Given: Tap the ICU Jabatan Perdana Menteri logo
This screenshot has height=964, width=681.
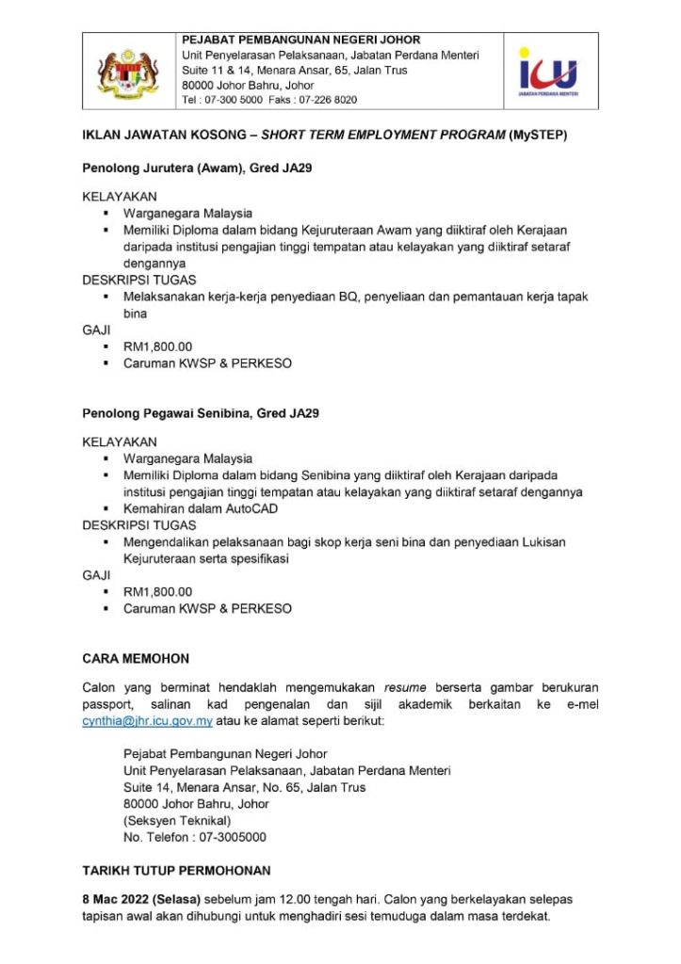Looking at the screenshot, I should point(550,71).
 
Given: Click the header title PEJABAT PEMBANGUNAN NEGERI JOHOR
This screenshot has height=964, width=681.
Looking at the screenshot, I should point(300,40).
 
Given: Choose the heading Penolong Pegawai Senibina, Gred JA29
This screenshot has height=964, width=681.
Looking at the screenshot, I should point(201,413).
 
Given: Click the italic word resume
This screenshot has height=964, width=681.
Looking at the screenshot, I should point(406,687).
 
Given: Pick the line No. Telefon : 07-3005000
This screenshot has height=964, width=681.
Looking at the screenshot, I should point(194,837).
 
